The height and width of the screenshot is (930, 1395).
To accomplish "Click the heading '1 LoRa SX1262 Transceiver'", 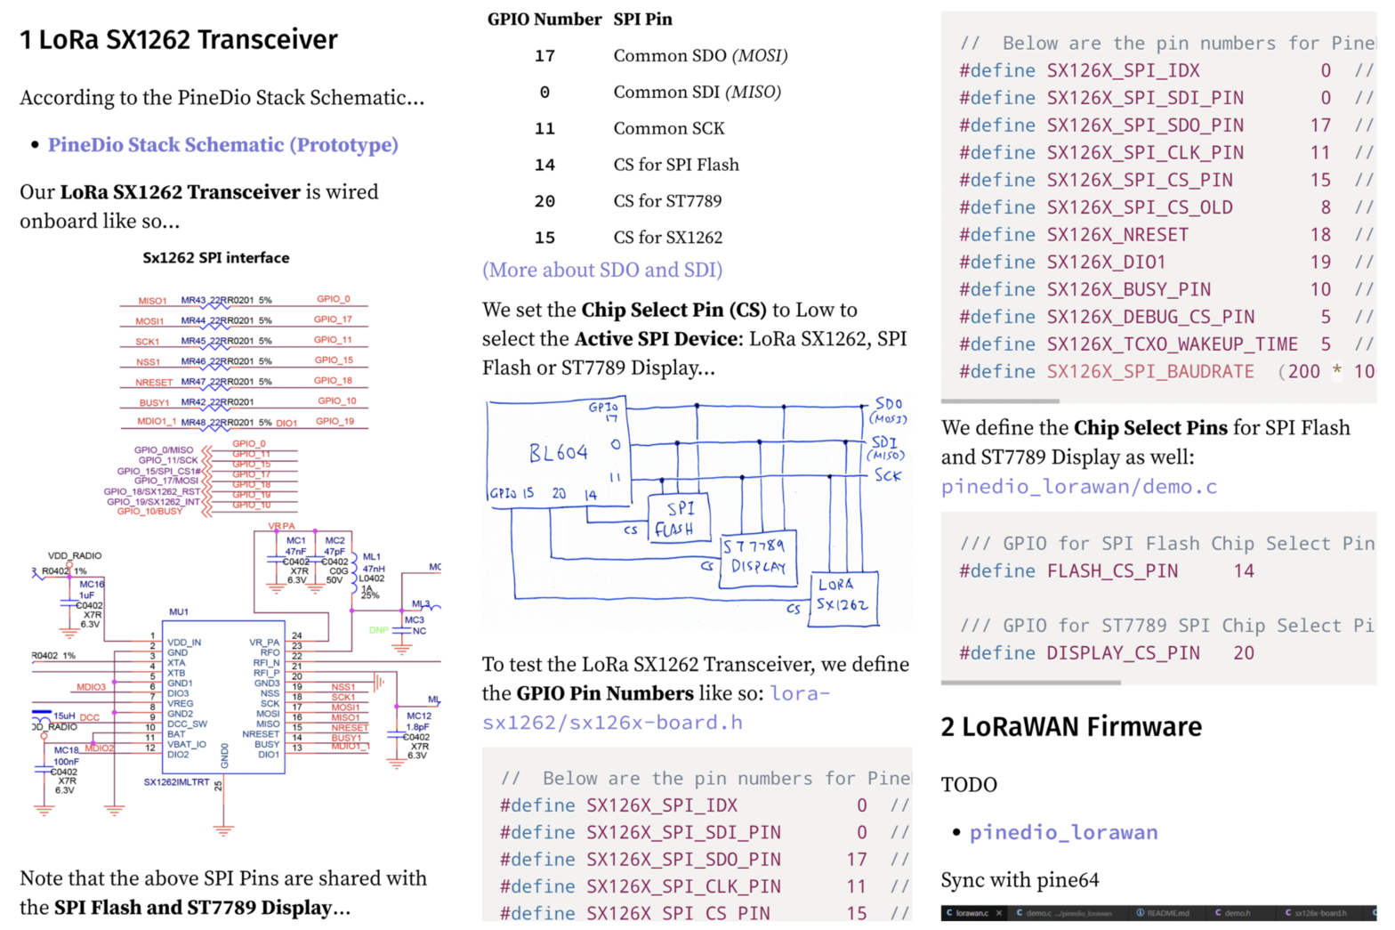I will click(x=178, y=40).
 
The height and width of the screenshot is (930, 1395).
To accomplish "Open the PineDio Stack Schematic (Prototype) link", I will click(x=222, y=145).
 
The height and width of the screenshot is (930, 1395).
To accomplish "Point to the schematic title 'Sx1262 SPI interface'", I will click(x=216, y=258).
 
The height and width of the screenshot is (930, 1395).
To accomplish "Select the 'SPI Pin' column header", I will click(x=642, y=20).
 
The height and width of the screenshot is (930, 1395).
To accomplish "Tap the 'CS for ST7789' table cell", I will click(x=667, y=201).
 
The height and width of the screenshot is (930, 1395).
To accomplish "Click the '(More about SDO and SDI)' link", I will click(x=602, y=270).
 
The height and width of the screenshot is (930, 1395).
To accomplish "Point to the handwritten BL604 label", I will click(x=558, y=453).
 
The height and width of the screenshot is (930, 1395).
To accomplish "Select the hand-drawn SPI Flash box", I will click(x=680, y=518).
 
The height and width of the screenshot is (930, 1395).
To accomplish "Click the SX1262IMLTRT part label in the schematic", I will click(x=177, y=782).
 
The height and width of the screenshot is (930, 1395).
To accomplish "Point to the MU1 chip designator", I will click(x=179, y=612).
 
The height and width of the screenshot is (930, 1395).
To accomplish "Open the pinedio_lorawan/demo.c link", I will click(x=1079, y=487).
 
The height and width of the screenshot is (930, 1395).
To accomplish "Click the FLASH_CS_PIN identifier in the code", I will click(x=1112, y=571).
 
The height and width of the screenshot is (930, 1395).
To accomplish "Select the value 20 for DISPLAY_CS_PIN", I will click(x=1243, y=653).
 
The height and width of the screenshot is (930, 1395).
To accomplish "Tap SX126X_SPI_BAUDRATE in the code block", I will click(x=1150, y=372).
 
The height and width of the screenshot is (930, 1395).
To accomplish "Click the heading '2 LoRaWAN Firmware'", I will click(x=1071, y=727).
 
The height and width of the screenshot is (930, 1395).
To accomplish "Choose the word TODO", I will click(x=969, y=785).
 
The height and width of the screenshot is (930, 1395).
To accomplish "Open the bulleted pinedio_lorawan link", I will click(x=1063, y=833).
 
